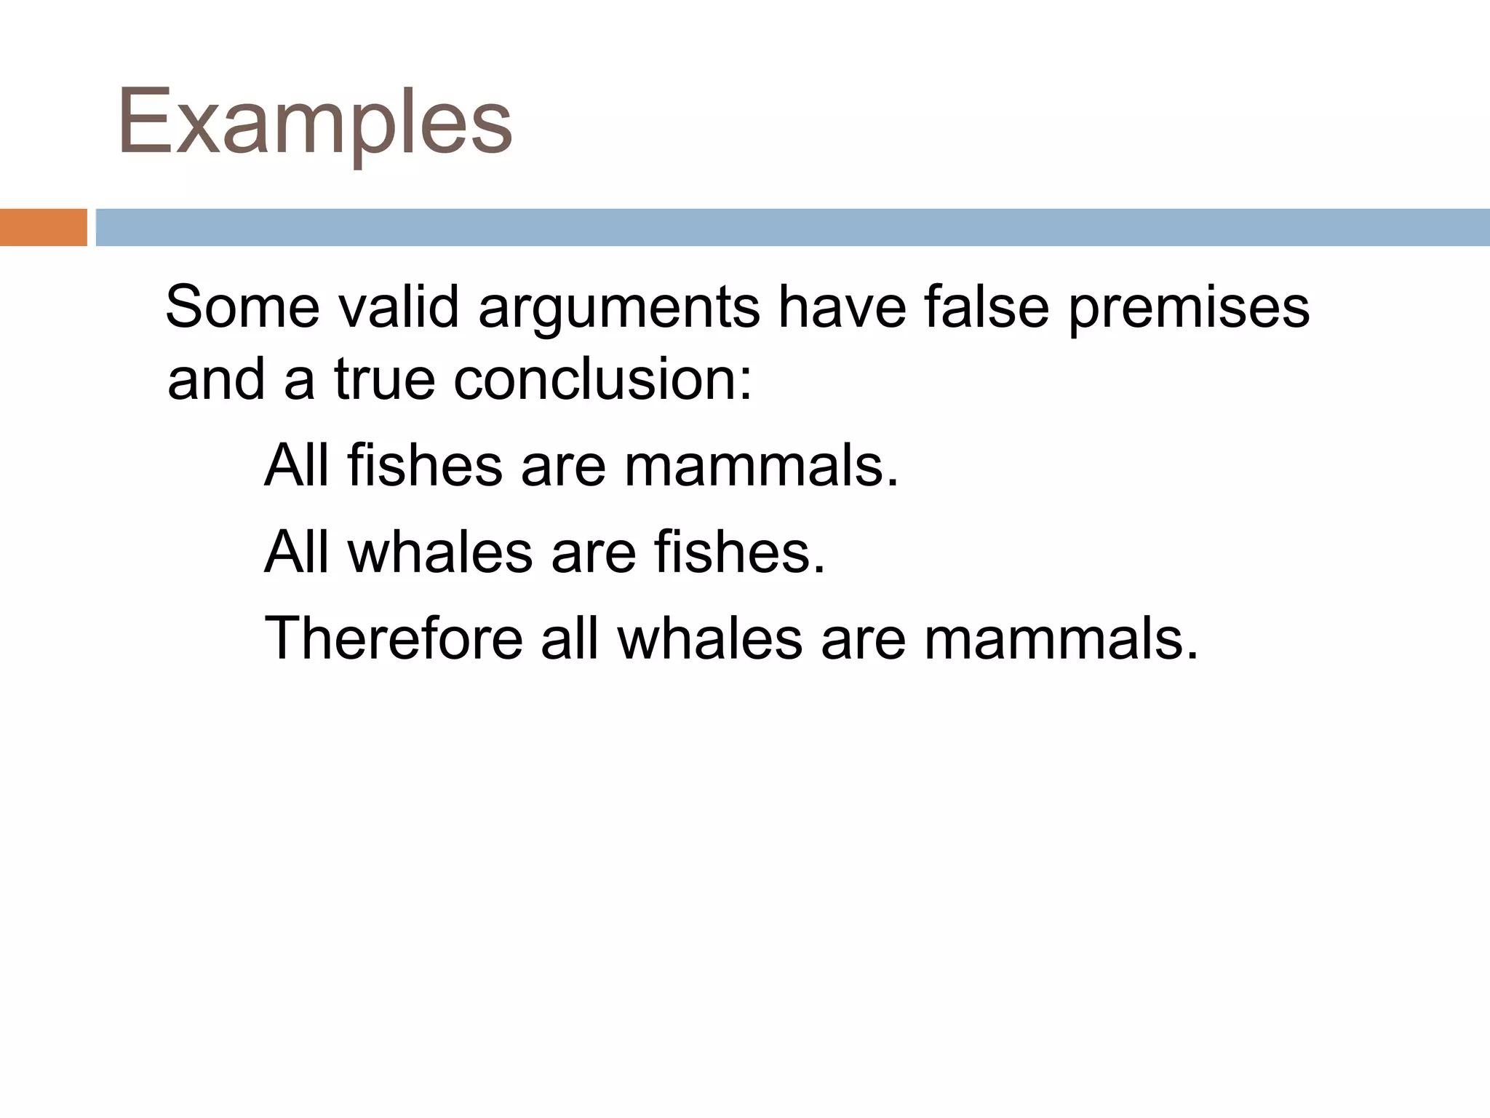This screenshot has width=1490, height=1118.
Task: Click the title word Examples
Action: (314, 122)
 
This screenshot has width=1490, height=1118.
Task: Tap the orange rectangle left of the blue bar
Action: (43, 227)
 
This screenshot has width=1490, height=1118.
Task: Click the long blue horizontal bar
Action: (792, 227)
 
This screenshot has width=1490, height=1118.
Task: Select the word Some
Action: (242, 307)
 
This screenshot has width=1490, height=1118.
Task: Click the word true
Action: (384, 380)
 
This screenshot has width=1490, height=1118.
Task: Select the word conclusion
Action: (602, 380)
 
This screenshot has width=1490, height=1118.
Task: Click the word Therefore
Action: (394, 638)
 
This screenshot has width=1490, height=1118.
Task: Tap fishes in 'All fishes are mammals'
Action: (425, 466)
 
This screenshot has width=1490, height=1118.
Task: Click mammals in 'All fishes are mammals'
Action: (761, 466)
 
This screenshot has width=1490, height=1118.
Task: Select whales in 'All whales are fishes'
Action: (441, 552)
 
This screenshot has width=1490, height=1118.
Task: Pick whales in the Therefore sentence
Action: (710, 638)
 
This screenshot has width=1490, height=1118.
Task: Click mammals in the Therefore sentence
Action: (1061, 638)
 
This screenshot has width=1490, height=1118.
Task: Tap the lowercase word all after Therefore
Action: (570, 638)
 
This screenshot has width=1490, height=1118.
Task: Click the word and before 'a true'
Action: (216, 380)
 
